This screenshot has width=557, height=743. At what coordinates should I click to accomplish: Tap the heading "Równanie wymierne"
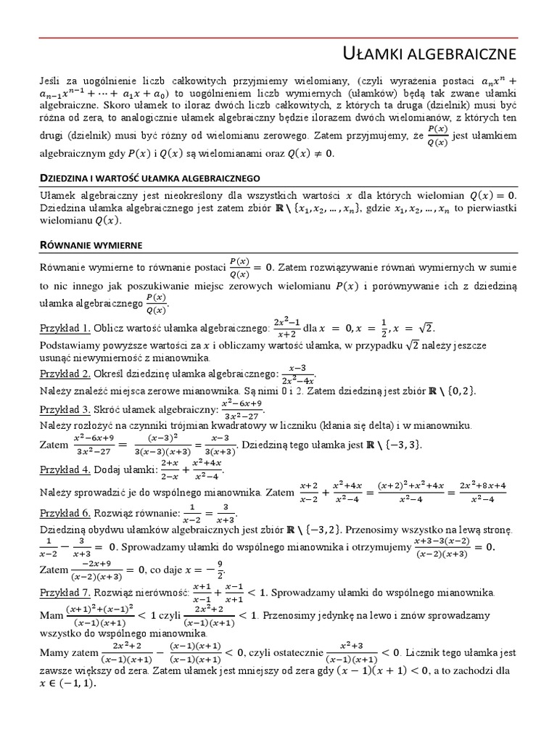91,245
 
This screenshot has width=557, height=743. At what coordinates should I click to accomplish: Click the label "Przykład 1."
65,327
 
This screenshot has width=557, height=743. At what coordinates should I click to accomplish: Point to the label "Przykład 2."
65,374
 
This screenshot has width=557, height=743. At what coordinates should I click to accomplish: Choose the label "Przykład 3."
65,409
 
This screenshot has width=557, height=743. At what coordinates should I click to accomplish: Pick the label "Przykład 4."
65,469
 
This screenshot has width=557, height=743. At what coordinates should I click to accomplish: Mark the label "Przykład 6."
65,513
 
